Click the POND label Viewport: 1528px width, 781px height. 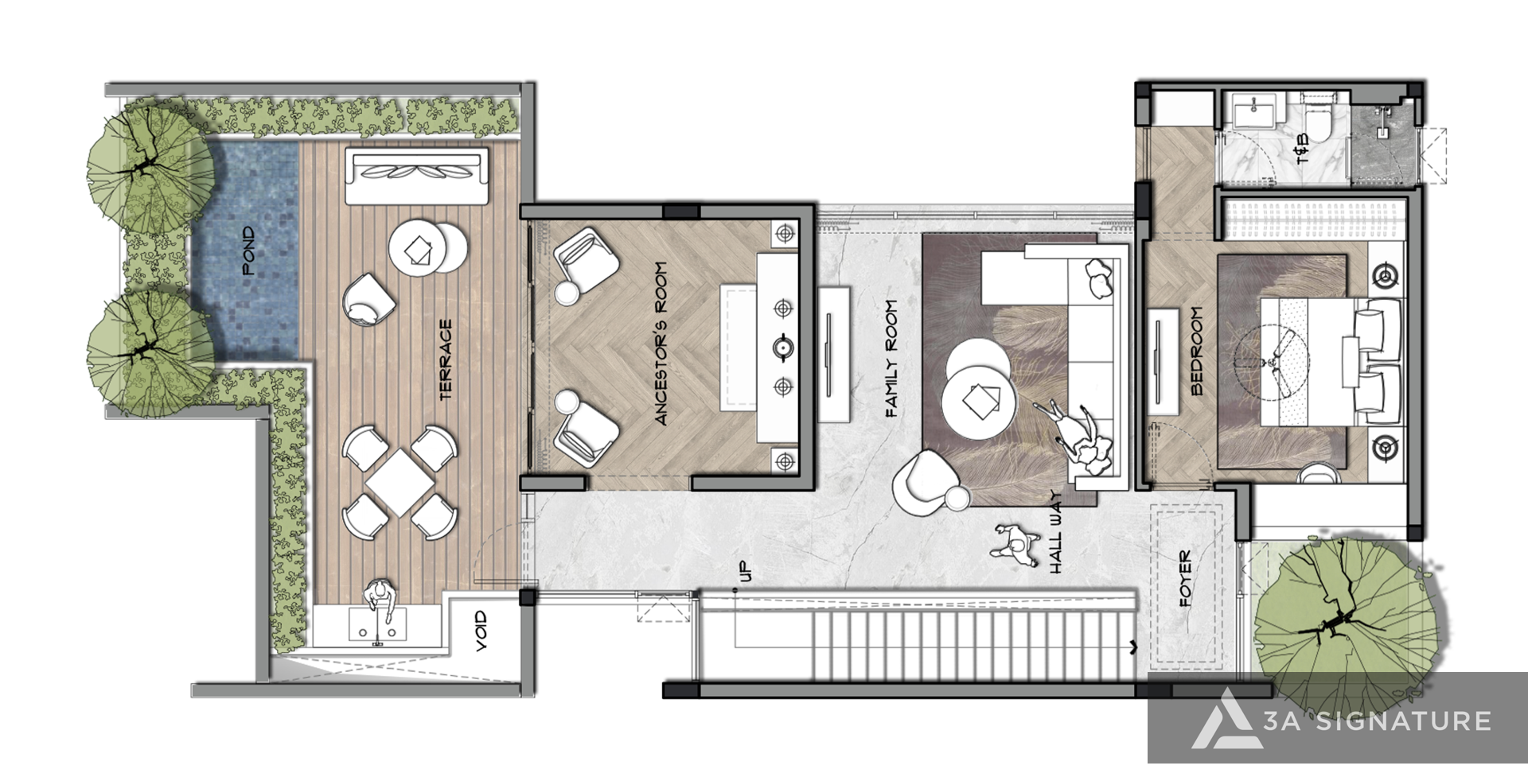click(x=249, y=251)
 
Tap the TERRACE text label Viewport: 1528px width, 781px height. click(x=446, y=359)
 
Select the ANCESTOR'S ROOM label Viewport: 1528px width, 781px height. click(x=661, y=343)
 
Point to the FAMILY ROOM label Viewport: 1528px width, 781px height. click(x=891, y=358)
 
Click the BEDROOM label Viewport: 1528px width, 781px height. click(x=1196, y=352)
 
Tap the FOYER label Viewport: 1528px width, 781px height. click(x=1185, y=579)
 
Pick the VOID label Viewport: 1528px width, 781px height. click(x=481, y=632)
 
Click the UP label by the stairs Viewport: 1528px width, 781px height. click(x=745, y=570)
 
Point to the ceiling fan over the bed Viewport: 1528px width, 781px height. click(x=1270, y=366)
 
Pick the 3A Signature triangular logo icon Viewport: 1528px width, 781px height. click(x=1226, y=719)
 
